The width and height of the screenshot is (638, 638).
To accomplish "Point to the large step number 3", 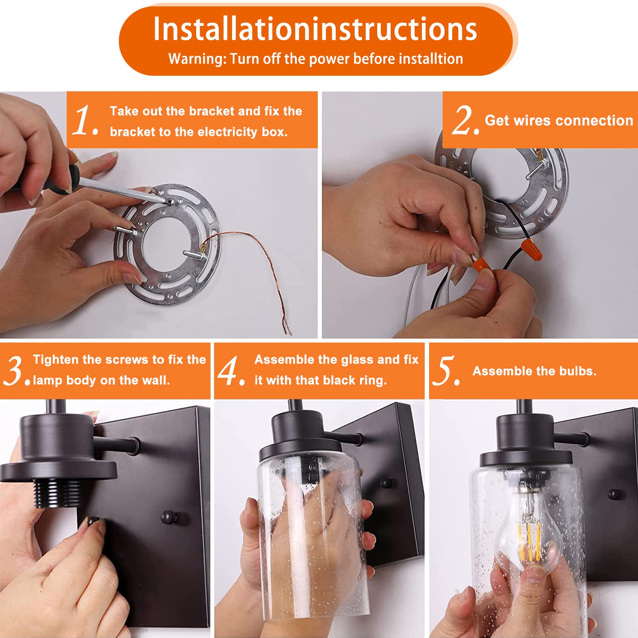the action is tap(16, 371).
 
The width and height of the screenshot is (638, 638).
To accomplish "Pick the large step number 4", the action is tap(231, 371).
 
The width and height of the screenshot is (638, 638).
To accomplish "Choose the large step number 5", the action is tap(446, 371).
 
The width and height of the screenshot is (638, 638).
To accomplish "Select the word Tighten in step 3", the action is tap(56, 360).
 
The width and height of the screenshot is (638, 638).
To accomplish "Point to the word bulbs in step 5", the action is tap(578, 371).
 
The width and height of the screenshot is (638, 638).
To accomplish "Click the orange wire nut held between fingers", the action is tap(482, 264).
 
